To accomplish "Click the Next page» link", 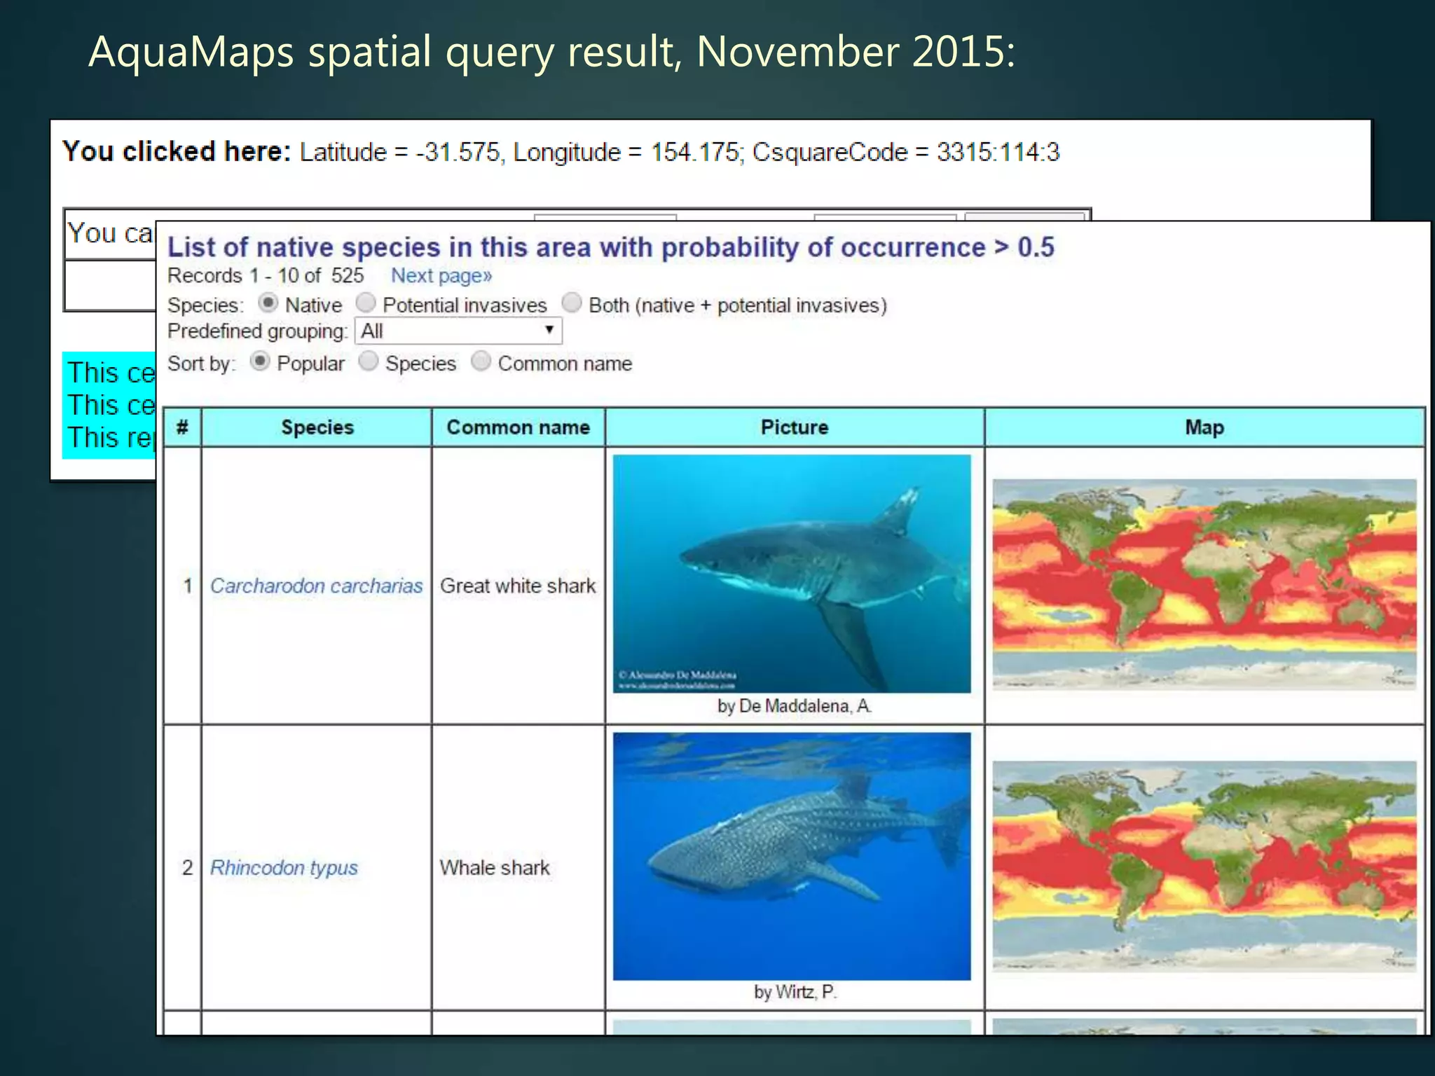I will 441,275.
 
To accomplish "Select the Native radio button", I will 267,303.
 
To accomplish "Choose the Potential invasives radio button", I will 366,303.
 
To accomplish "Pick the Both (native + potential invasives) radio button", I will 572,303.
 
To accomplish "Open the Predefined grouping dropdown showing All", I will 458,331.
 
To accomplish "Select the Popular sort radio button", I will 259,361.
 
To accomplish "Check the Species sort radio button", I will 369,361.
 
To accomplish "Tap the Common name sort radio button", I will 481,361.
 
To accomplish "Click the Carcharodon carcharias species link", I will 316,586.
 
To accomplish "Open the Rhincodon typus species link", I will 284,867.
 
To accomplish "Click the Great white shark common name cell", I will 518,586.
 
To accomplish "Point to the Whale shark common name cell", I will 495,867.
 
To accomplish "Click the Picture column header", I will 794,427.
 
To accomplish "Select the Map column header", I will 1204,427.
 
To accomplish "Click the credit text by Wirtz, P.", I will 795,992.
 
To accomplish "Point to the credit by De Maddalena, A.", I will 794,706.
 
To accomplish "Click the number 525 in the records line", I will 348,275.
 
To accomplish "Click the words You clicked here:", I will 177,151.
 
